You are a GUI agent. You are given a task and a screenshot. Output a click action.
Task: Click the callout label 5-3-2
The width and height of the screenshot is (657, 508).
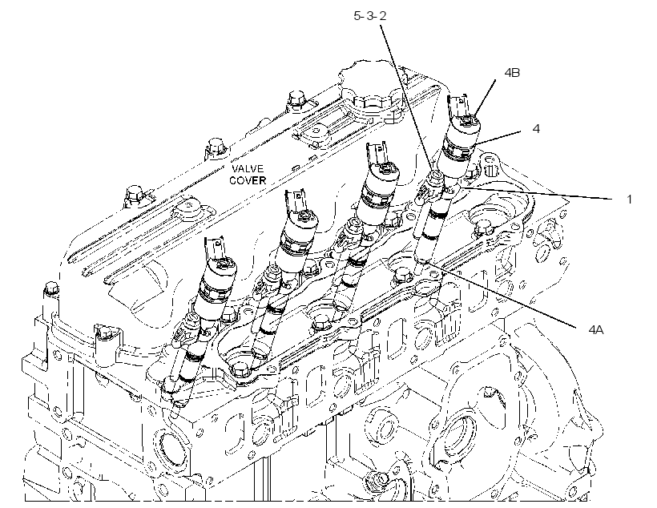(x=370, y=16)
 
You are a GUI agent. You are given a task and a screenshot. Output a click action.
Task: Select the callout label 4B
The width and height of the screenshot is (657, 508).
(x=512, y=72)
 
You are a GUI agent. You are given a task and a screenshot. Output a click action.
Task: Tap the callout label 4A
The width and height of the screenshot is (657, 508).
(x=595, y=330)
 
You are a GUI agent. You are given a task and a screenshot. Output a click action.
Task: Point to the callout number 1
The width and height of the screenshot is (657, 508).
(x=628, y=199)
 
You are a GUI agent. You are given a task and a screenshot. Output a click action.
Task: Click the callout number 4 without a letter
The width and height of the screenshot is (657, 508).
(x=536, y=129)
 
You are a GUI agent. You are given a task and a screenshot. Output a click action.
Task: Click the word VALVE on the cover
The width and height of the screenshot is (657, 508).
(x=248, y=168)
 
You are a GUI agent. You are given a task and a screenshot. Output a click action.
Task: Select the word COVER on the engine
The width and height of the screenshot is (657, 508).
(x=248, y=180)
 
